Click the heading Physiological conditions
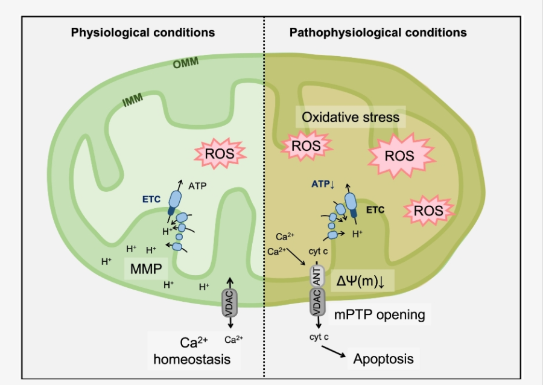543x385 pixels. [x=143, y=32]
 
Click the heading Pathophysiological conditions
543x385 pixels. [x=378, y=32]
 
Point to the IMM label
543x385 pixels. [x=133, y=100]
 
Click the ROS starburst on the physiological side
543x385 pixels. [x=218, y=153]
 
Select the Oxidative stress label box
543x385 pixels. [x=350, y=117]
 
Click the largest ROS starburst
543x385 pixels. [x=399, y=156]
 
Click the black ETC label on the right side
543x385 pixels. [x=375, y=209]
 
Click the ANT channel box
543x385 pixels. [x=317, y=276]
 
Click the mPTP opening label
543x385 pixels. [x=379, y=314]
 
